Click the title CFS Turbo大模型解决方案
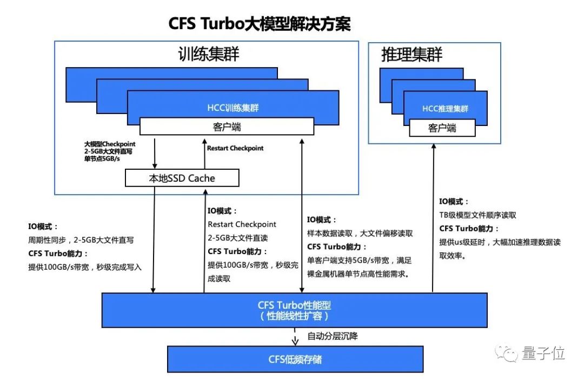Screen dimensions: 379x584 [260, 24]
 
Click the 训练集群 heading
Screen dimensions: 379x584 [209, 54]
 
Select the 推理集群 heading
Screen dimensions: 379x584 [412, 54]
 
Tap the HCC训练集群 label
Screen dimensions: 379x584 [233, 108]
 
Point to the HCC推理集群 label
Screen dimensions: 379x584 [445, 109]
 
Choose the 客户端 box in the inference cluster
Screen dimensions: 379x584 [442, 128]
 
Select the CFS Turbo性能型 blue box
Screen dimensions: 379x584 [294, 310]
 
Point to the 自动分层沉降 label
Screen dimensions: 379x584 [332, 336]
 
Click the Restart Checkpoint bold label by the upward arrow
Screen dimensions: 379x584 [235, 148]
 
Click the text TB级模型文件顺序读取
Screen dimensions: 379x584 [477, 215]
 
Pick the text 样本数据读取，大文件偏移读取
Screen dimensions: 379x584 [360, 234]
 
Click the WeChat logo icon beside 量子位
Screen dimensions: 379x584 [509, 354]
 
